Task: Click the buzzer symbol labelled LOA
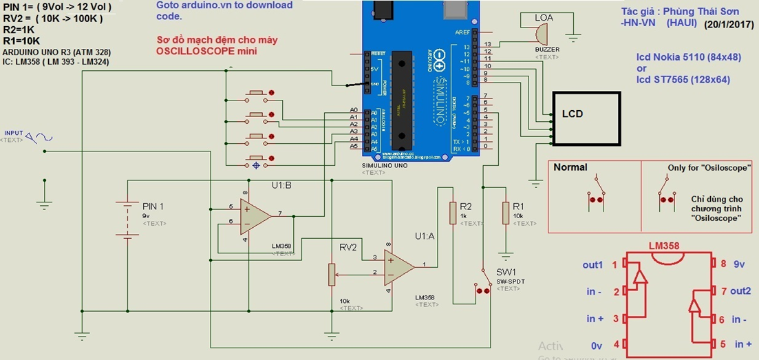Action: (542, 32)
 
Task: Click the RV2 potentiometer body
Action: (332, 274)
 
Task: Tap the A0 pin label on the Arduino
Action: (354, 110)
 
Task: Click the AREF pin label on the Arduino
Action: (462, 32)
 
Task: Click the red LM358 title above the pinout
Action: (664, 246)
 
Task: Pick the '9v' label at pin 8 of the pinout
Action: (739, 264)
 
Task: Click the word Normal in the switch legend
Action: (570, 167)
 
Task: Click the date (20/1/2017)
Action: (729, 25)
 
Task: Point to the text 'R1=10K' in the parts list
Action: (21, 41)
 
